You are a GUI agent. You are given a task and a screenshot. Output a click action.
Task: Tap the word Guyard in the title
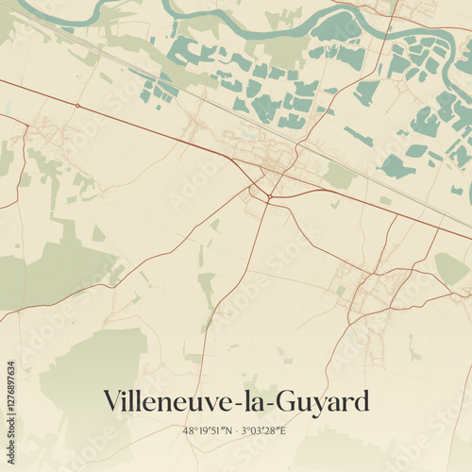tap(322, 403)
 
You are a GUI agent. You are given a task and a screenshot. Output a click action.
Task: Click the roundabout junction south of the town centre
tap(269, 196)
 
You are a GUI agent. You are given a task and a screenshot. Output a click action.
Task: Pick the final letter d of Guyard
tap(360, 401)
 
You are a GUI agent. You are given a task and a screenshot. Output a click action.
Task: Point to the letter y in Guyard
tap(319, 405)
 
